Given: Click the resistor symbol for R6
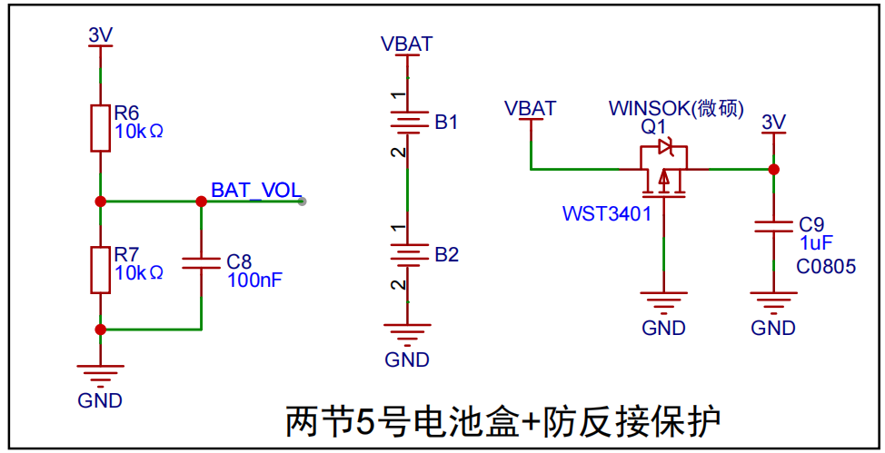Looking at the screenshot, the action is coord(101,128).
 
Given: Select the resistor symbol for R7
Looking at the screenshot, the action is coord(101,270).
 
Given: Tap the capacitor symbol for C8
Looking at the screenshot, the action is coord(201,263).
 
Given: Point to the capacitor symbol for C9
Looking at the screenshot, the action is coord(774,227).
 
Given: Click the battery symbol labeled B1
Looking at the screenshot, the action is coord(407,123).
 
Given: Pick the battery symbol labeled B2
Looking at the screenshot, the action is coord(407,255).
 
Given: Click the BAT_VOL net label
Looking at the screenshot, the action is coord(256,190).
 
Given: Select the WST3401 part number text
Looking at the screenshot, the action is coord(607,214).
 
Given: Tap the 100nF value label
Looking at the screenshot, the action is coord(254,280).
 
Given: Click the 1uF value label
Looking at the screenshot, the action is coord(816,243).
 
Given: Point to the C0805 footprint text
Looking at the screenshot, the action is coord(826,266).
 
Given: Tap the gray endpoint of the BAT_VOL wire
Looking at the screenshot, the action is coord(302,202).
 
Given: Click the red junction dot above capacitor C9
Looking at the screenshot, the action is coord(774,169).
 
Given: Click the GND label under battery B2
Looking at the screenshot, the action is coord(407,359).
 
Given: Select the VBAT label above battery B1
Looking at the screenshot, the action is coord(407,44).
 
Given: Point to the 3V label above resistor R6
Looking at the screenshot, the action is coord(101,35).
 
